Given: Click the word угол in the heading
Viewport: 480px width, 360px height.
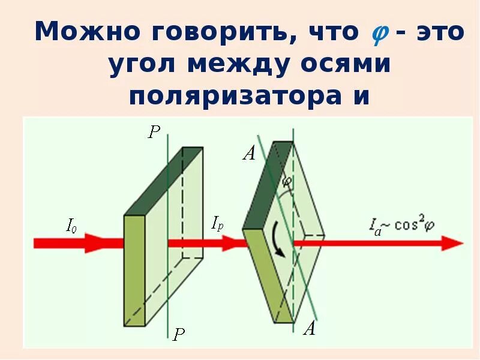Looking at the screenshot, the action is pos(143,64).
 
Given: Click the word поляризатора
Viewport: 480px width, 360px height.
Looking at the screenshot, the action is pos(236,96).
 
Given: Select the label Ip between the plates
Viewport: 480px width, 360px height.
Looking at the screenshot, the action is pos(217,224).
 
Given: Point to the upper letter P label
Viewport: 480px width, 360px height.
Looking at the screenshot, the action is pos(154,133).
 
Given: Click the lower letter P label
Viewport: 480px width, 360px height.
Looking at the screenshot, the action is pos(178,334).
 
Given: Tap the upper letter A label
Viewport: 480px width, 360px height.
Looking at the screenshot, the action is pos(249,154).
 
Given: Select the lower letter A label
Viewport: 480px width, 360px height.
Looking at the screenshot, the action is pos(310,328).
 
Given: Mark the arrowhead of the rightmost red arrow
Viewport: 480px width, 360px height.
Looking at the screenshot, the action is pos(452,243).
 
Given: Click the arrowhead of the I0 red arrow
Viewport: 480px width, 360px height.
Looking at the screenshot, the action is pos(94,243).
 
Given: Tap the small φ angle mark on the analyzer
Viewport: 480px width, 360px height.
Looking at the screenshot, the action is pos(287,181).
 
